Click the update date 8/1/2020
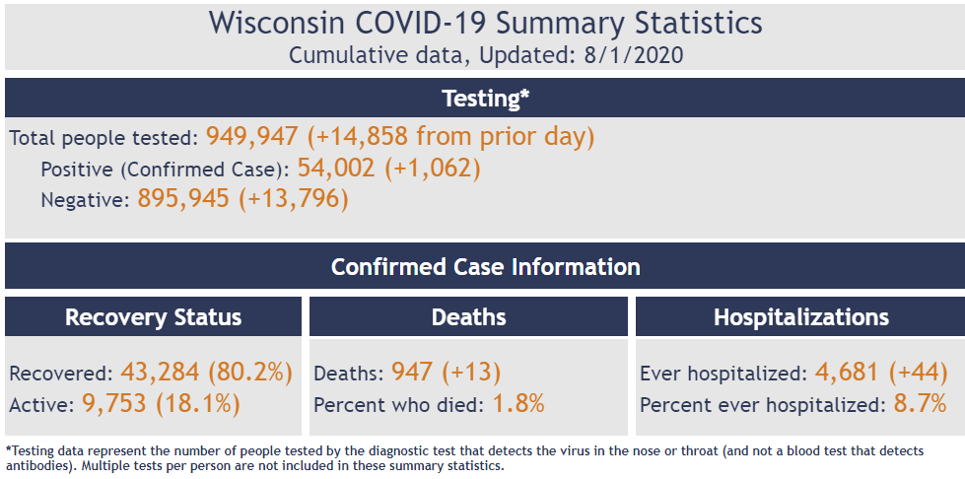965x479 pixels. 628,54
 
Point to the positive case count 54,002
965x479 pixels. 335,168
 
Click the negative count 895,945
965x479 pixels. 183,199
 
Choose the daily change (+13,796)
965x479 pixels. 297,199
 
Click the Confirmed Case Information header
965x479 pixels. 485,267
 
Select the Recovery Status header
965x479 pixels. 153,317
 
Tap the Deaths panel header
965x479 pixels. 468,317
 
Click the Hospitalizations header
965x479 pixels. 800,317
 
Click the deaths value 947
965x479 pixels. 412,373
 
